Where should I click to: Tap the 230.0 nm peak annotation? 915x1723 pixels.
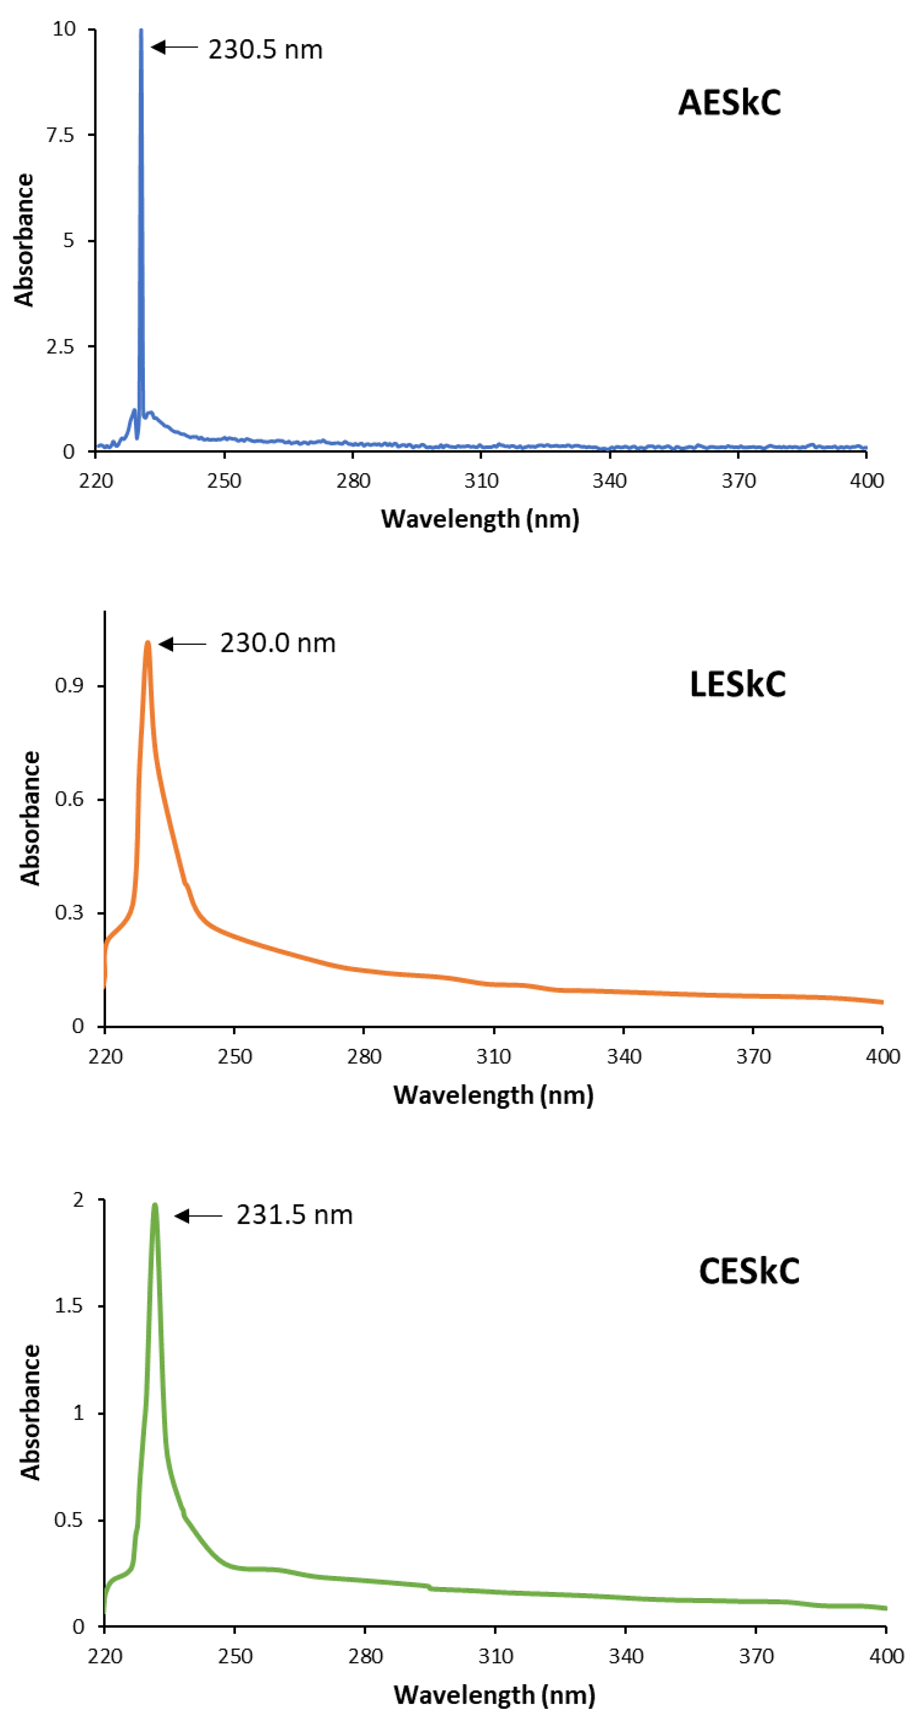point(278,643)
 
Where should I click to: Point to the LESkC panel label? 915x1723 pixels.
point(737,684)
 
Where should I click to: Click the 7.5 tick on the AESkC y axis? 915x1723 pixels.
point(60,135)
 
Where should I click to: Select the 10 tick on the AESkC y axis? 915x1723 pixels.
point(64,29)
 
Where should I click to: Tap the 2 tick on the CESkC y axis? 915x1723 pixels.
point(78,1201)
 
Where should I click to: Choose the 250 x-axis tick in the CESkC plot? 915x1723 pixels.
point(235,1656)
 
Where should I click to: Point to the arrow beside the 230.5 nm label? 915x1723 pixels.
point(174,47)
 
